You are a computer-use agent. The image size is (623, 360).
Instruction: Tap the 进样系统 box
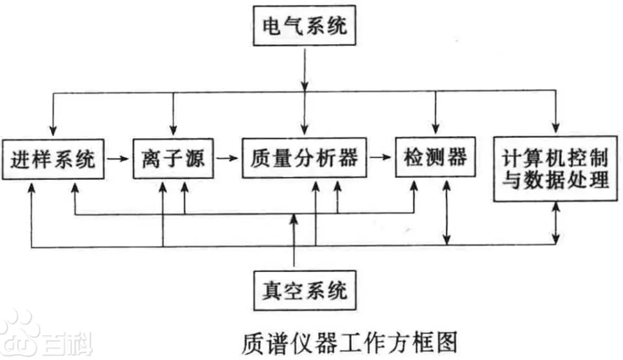(x=53, y=159)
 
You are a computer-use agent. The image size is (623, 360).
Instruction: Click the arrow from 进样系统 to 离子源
(x=118, y=159)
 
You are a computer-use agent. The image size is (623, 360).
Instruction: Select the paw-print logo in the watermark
(x=19, y=335)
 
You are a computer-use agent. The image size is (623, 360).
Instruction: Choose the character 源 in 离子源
(x=197, y=159)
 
